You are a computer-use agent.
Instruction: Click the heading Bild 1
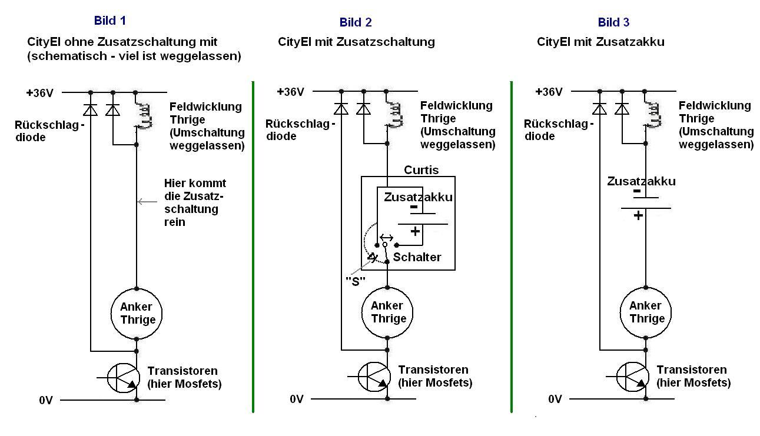110,21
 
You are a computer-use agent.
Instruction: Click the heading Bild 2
356,22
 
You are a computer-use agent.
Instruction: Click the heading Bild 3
613,22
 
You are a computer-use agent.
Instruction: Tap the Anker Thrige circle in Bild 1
137,313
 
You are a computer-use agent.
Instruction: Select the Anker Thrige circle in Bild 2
387,312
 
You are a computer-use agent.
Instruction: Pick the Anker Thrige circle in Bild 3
646,312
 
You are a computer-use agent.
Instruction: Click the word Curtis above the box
421,170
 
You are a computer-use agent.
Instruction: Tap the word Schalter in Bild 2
417,257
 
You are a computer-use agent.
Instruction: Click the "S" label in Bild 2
356,281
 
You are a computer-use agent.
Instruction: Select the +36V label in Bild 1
39,92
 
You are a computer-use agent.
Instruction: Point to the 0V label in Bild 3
555,399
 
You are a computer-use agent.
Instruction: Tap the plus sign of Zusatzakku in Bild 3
638,216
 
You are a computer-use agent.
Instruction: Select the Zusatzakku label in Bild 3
641,181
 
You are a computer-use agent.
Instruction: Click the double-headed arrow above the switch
386,237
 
